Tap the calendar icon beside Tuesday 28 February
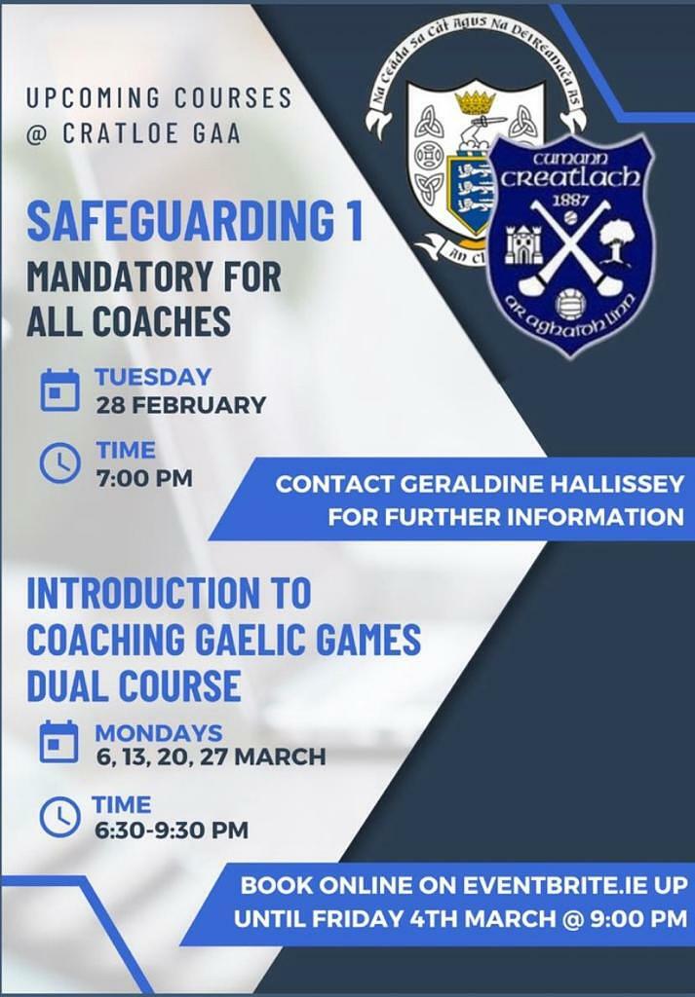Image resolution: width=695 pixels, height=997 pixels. coord(60,389)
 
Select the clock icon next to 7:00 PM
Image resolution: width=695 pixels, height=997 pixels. coord(60,462)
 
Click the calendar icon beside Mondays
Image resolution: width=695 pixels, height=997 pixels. coord(59,741)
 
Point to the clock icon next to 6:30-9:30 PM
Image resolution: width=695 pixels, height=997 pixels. coord(59,817)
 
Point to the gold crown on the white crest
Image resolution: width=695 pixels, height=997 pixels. coord(476,99)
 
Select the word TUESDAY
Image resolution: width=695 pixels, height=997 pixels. coord(153,377)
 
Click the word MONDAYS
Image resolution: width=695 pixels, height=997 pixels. coord(159,732)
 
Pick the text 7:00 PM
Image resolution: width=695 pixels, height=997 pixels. coord(144,478)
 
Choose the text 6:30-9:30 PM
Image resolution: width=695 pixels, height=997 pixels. coord(172,830)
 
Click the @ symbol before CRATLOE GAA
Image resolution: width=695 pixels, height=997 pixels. coord(37,134)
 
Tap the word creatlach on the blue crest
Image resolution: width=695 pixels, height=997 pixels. coord(569,177)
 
